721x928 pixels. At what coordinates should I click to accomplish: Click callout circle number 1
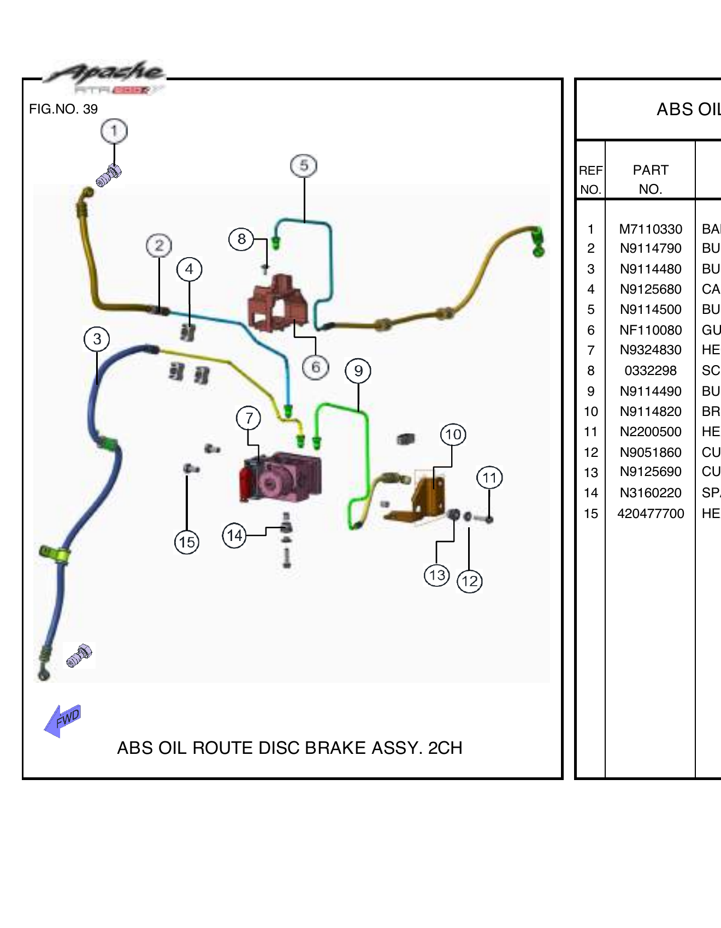(x=114, y=131)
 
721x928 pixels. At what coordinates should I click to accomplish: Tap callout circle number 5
(x=304, y=165)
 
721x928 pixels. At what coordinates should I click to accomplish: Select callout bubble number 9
(x=358, y=371)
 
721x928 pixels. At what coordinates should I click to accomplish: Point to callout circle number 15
(x=187, y=543)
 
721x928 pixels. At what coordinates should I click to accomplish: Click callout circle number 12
(x=470, y=581)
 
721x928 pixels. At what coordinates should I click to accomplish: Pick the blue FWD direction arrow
(x=63, y=720)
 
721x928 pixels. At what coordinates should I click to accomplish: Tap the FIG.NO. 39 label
(x=63, y=109)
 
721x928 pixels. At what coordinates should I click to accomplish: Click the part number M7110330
(x=651, y=229)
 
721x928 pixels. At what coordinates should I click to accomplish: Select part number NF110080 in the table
(x=651, y=330)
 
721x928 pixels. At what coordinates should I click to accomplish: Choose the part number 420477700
(x=651, y=514)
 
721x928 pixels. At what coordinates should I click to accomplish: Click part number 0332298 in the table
(x=651, y=371)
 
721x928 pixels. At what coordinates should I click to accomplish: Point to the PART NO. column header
(x=651, y=179)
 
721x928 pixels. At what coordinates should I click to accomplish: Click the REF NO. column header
(x=590, y=179)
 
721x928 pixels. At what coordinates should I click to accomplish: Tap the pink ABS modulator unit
(x=281, y=477)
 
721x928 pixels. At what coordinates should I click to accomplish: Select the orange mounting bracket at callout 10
(x=423, y=499)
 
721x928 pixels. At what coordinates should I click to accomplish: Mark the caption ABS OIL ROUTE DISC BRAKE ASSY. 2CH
(x=289, y=748)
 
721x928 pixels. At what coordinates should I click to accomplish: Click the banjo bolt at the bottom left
(x=79, y=655)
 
